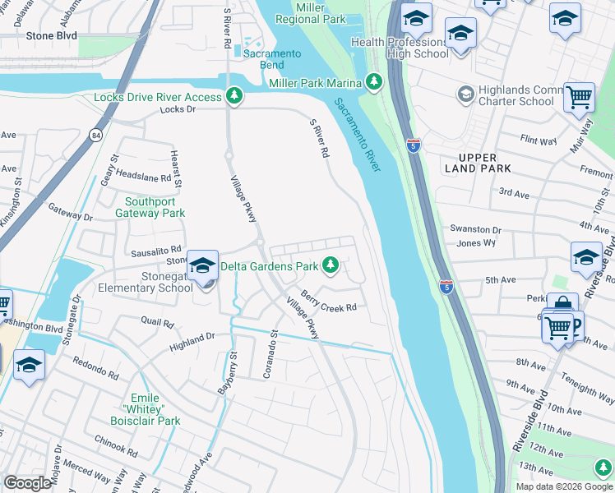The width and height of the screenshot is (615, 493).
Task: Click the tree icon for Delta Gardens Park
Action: [x=331, y=265]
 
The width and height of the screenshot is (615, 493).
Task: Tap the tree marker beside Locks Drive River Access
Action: [x=235, y=97]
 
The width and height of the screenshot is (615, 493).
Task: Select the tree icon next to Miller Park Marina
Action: [x=375, y=82]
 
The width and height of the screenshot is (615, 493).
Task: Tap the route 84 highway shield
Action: [x=96, y=135]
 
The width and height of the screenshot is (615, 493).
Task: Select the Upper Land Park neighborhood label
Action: [x=479, y=163]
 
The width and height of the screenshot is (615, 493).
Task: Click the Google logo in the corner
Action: [x=27, y=482]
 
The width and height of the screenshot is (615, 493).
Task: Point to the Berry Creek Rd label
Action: [x=328, y=302]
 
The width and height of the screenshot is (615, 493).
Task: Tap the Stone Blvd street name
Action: [x=51, y=36]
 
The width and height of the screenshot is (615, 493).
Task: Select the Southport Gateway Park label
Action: [x=155, y=207]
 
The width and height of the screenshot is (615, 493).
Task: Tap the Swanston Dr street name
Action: [x=474, y=229]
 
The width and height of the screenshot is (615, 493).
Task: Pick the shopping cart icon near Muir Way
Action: [x=579, y=97]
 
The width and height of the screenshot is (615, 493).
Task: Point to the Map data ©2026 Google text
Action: [x=562, y=486]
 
